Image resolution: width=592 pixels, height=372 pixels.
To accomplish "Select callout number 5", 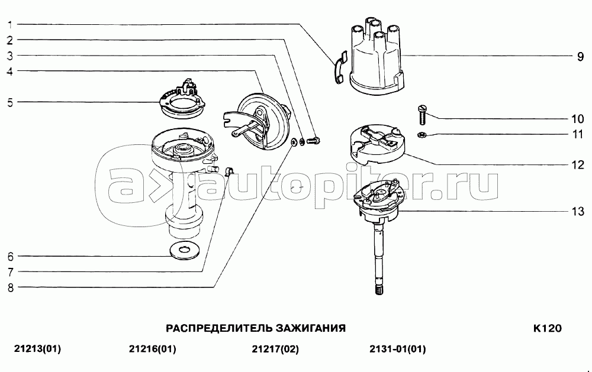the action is [10, 102].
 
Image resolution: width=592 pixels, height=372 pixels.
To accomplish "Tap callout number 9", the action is [580, 57].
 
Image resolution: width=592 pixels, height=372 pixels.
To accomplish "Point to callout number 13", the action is [578, 211].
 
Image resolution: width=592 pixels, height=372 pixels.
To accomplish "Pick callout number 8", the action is [10, 287].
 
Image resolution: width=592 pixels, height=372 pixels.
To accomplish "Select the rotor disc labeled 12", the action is [375, 144].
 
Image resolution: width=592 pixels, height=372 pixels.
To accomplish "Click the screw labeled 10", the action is [422, 115].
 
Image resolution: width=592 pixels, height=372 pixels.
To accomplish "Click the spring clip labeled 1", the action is [339, 67].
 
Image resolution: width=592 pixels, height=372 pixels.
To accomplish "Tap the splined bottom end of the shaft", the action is [380, 290].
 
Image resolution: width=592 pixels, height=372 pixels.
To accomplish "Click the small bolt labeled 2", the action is [314, 141].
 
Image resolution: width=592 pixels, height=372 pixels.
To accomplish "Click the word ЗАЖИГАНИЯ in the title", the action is [311, 328].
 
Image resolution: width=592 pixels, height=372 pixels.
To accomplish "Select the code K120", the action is [548, 328].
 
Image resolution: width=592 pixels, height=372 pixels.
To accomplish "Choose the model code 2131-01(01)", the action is [398, 350].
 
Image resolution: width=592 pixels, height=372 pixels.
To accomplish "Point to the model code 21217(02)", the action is [275, 350].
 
